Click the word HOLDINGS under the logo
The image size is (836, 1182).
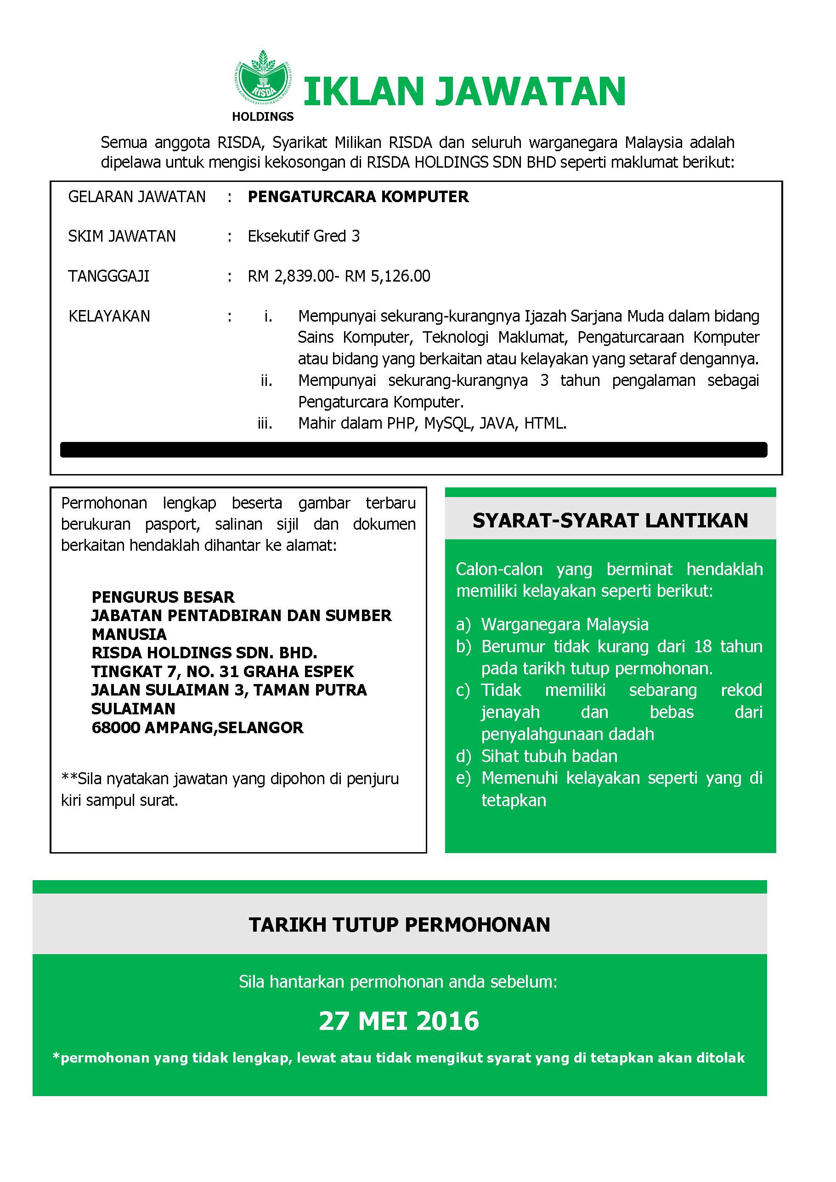[x=263, y=117]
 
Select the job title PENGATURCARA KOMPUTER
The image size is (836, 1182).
[x=358, y=197]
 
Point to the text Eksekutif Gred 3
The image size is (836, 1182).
[x=304, y=236]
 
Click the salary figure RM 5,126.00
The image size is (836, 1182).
[x=387, y=277]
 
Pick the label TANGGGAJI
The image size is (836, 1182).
[x=108, y=277]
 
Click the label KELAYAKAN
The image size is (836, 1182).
[x=109, y=316]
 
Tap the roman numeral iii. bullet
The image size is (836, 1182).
[x=265, y=424]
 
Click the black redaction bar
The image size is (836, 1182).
[x=413, y=449]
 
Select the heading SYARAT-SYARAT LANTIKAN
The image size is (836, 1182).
[x=610, y=520]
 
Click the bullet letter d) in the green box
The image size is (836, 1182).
[x=463, y=756]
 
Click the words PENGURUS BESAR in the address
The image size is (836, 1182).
[x=163, y=597]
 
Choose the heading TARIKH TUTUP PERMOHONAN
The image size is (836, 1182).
[x=400, y=925]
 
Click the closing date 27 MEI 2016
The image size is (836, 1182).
[x=399, y=1021]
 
